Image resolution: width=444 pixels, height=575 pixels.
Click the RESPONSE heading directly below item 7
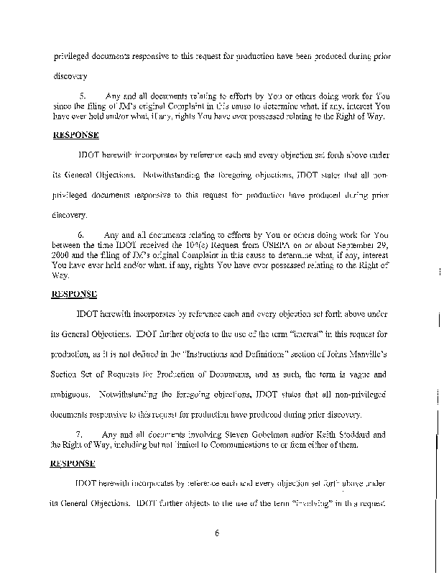[x=74, y=464]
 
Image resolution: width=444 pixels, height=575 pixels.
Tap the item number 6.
[x=81, y=235]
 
